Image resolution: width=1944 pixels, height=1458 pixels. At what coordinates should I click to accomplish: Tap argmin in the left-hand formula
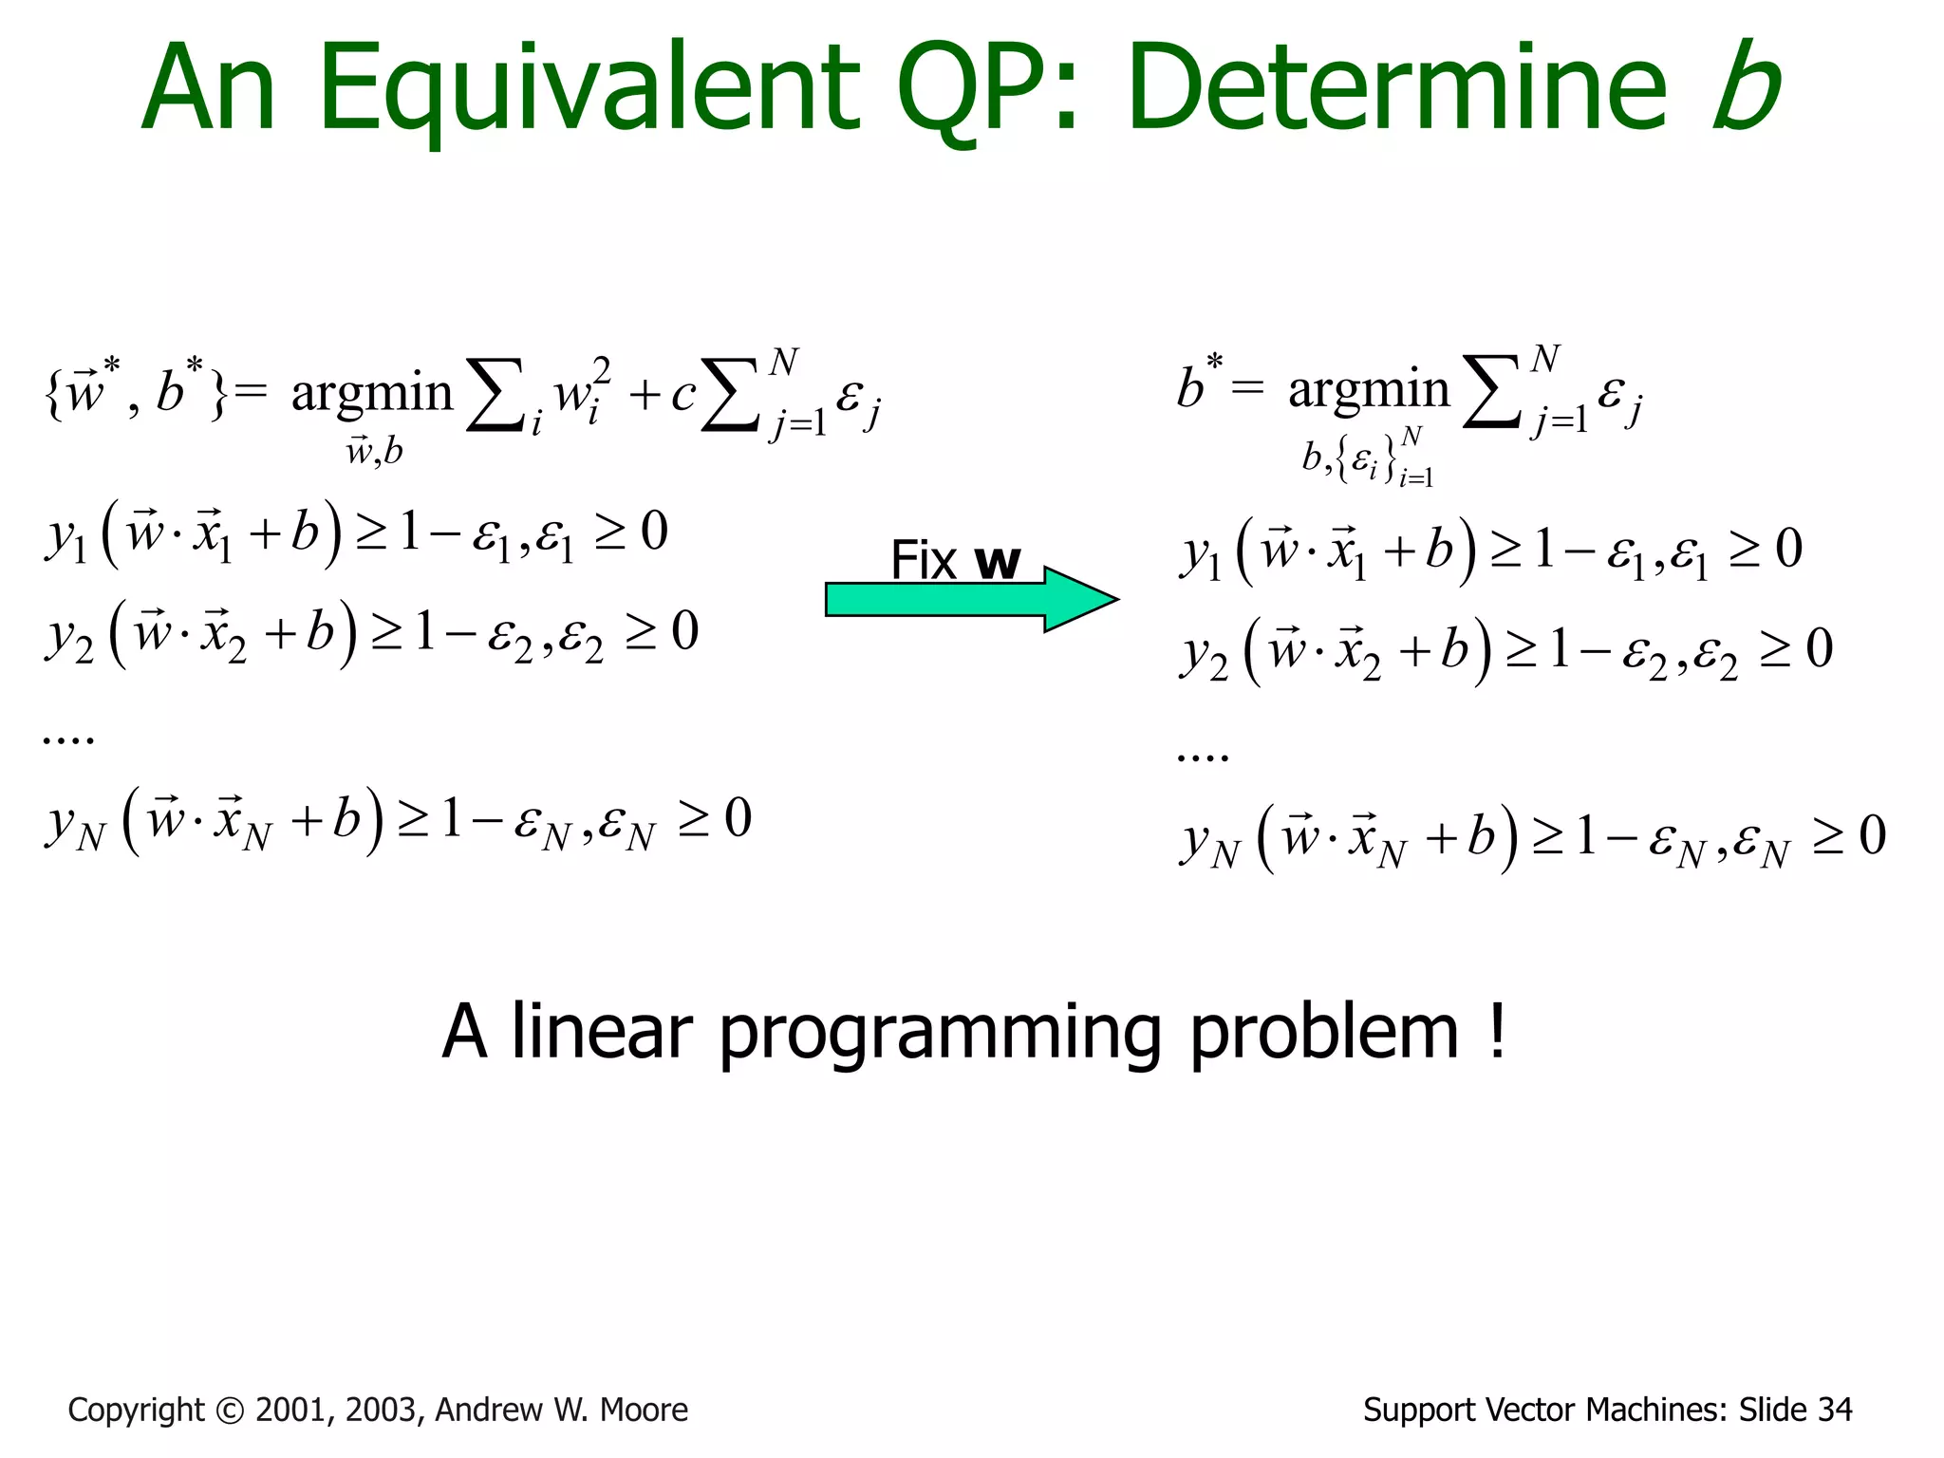coord(371,393)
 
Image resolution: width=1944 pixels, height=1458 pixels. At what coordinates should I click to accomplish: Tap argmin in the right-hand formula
coord(1368,390)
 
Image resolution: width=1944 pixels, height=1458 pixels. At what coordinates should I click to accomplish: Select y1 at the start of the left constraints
coord(65,535)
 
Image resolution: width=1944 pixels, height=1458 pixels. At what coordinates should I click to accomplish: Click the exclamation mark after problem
coord(1497,1030)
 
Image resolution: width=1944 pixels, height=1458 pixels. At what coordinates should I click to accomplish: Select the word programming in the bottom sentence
coord(940,1035)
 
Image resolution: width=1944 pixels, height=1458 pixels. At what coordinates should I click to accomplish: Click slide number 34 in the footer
coord(1834,1411)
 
